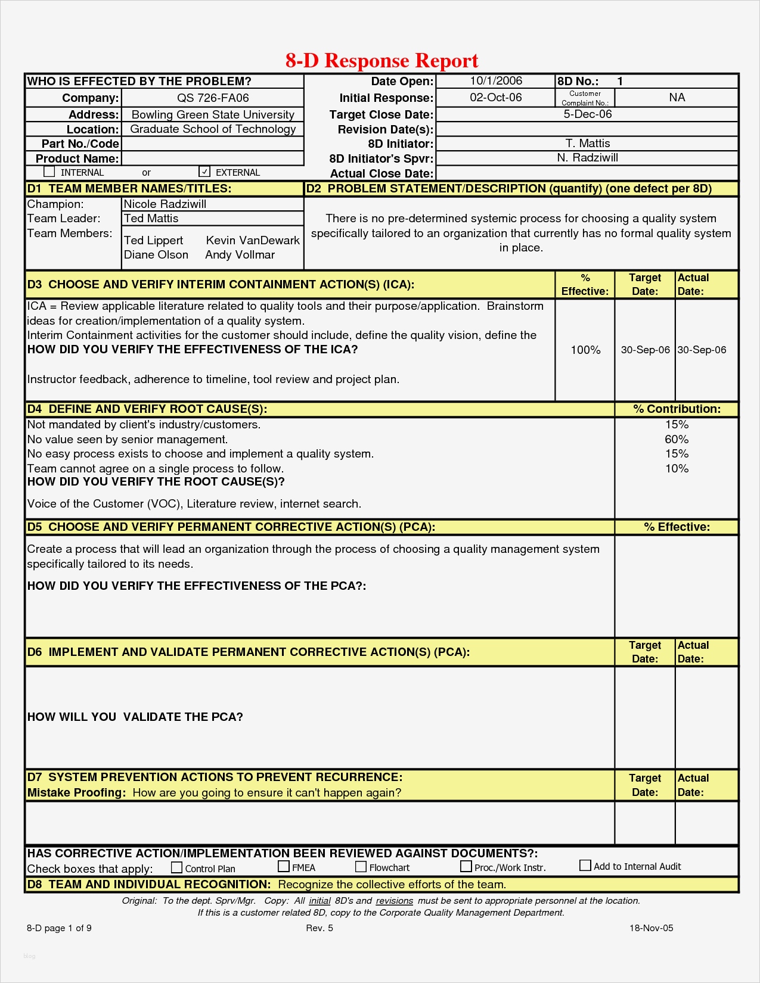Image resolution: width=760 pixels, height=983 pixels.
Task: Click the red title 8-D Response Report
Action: tap(381, 60)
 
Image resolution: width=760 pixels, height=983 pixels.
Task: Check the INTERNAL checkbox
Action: tap(49, 172)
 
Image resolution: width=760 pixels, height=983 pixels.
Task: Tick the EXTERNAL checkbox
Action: tap(204, 172)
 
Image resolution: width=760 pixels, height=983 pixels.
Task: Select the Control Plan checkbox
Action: tap(176, 867)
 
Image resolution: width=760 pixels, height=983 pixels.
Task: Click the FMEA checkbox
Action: tap(284, 866)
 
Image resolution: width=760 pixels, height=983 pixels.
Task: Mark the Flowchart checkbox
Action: tap(361, 866)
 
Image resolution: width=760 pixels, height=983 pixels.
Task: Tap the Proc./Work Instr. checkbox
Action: tap(466, 866)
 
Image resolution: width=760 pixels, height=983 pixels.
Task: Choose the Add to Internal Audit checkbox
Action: tap(585, 865)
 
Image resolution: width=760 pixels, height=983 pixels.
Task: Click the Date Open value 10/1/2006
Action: tap(496, 81)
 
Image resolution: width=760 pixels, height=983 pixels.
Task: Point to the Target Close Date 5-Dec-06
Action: tap(588, 114)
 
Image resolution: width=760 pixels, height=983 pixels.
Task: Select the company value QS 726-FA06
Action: tap(213, 98)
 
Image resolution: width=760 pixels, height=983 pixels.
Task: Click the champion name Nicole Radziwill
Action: tap(165, 204)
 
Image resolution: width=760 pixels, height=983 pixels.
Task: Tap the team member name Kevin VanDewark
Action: tap(253, 240)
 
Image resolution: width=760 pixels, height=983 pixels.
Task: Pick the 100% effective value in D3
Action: tap(585, 350)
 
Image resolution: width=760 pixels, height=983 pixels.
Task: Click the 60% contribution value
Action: tap(677, 439)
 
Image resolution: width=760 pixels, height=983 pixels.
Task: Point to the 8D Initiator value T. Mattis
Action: tap(588, 143)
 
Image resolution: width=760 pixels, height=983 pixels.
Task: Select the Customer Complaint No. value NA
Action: tap(677, 97)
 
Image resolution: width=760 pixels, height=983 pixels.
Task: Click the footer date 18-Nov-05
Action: tap(652, 928)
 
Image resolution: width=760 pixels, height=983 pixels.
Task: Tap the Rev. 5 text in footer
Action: tap(319, 928)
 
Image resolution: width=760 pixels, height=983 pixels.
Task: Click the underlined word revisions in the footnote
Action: tap(394, 901)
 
